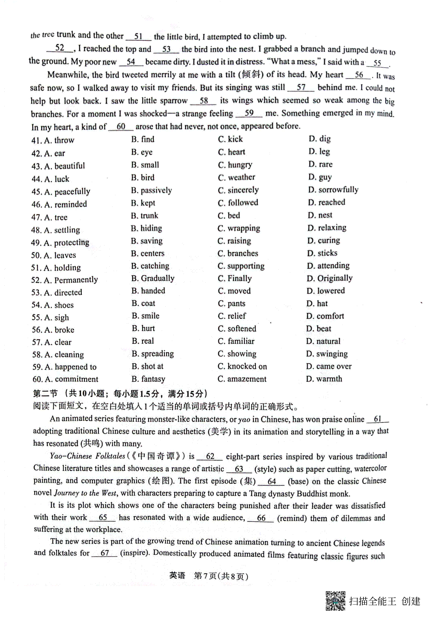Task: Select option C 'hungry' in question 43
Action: (x=235, y=165)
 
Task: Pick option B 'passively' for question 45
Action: (x=151, y=191)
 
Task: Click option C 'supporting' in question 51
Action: (x=241, y=266)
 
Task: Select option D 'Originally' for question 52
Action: (x=330, y=279)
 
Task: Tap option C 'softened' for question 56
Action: (x=237, y=329)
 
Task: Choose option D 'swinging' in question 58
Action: (x=327, y=354)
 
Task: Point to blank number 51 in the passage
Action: (x=138, y=36)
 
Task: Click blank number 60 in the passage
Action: (x=121, y=126)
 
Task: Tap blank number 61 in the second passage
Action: (x=378, y=419)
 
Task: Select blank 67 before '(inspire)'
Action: (x=105, y=553)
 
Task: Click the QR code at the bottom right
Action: (x=335, y=600)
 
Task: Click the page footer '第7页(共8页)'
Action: (x=221, y=576)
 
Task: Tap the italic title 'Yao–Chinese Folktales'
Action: (x=87, y=456)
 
